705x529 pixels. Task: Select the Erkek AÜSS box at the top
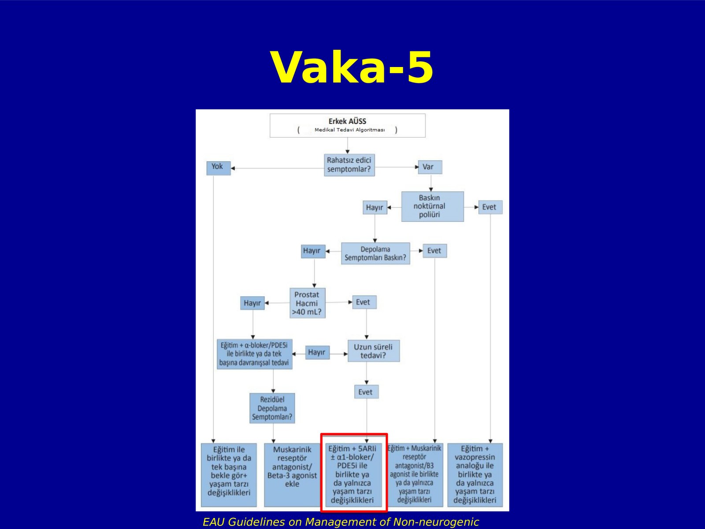pos(348,126)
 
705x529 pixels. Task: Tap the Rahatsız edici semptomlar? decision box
pos(349,165)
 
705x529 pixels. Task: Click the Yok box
pos(219,168)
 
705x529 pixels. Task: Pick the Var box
pos(430,167)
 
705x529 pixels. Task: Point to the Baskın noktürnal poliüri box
pos(432,206)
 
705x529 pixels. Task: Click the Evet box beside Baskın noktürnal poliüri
pos(490,207)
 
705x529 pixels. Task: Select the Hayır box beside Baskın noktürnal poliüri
pos(375,208)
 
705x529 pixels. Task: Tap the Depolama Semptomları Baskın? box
pos(375,253)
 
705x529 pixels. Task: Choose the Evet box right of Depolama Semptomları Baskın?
pos(434,251)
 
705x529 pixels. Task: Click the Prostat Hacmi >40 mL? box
pos(308,303)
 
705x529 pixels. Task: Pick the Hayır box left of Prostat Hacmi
pos(252,303)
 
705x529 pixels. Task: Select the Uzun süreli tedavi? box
pos(374,351)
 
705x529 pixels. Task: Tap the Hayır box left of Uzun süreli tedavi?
pos(317,352)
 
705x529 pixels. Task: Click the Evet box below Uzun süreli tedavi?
pos(367,392)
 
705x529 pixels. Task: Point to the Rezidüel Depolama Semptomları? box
pos(272,408)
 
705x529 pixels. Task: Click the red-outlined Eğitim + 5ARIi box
pos(354,472)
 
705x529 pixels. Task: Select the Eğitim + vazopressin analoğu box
pos(475,475)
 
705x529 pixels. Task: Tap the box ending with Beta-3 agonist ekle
pos(292,475)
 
